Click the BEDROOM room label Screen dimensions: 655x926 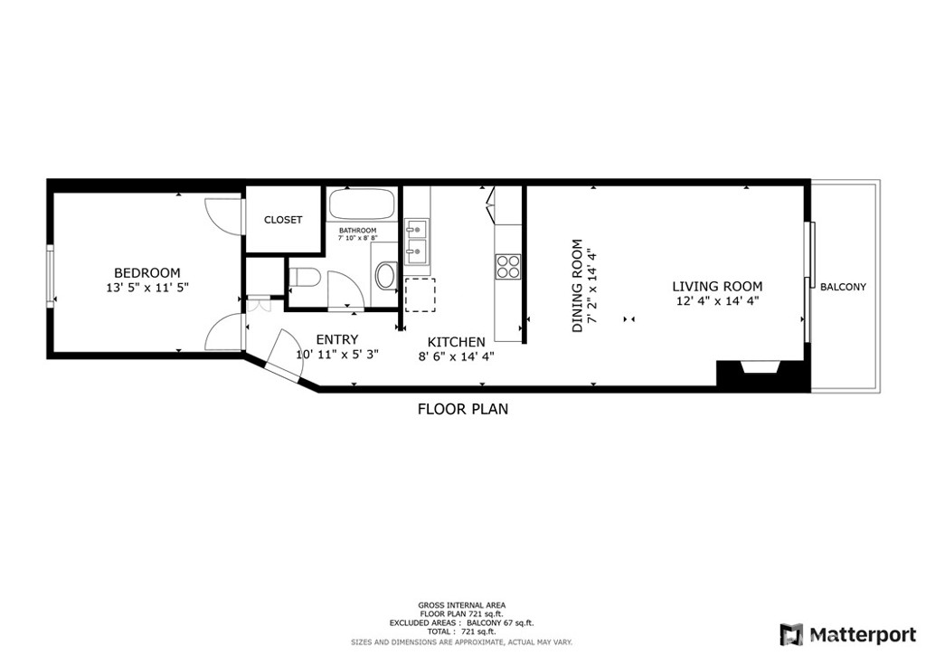pos(146,272)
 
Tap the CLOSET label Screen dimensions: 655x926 pos(283,220)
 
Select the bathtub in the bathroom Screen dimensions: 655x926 pos(362,204)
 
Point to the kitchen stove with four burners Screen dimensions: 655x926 pos(508,266)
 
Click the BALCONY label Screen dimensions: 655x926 pos(843,287)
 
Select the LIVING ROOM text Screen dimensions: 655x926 pos(716,287)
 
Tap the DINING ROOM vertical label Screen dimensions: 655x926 pos(577,286)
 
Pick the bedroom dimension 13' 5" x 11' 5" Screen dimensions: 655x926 pos(146,288)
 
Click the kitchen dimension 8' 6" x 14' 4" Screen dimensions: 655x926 pos(456,356)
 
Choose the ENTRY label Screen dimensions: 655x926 pos(336,339)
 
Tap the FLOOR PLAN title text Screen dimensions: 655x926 pos(462,409)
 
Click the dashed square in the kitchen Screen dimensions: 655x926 pos(420,295)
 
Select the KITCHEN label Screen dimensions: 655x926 pos(456,342)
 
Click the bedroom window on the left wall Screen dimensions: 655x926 pos(52,275)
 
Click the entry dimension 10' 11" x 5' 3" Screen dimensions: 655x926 pos(336,355)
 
